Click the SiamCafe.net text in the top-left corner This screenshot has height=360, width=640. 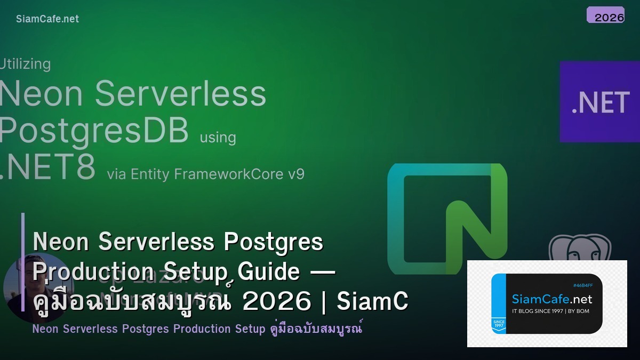click(x=47, y=19)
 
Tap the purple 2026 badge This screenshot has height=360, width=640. click(x=605, y=15)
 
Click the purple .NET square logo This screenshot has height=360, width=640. click(x=599, y=101)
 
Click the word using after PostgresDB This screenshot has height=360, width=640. click(x=218, y=137)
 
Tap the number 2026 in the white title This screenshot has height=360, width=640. click(x=276, y=301)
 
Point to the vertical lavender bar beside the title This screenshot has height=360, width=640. click(x=23, y=261)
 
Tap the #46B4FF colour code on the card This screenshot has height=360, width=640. click(x=582, y=285)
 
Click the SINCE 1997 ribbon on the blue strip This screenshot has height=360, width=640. click(x=499, y=324)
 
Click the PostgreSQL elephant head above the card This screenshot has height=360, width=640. click(x=580, y=248)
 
